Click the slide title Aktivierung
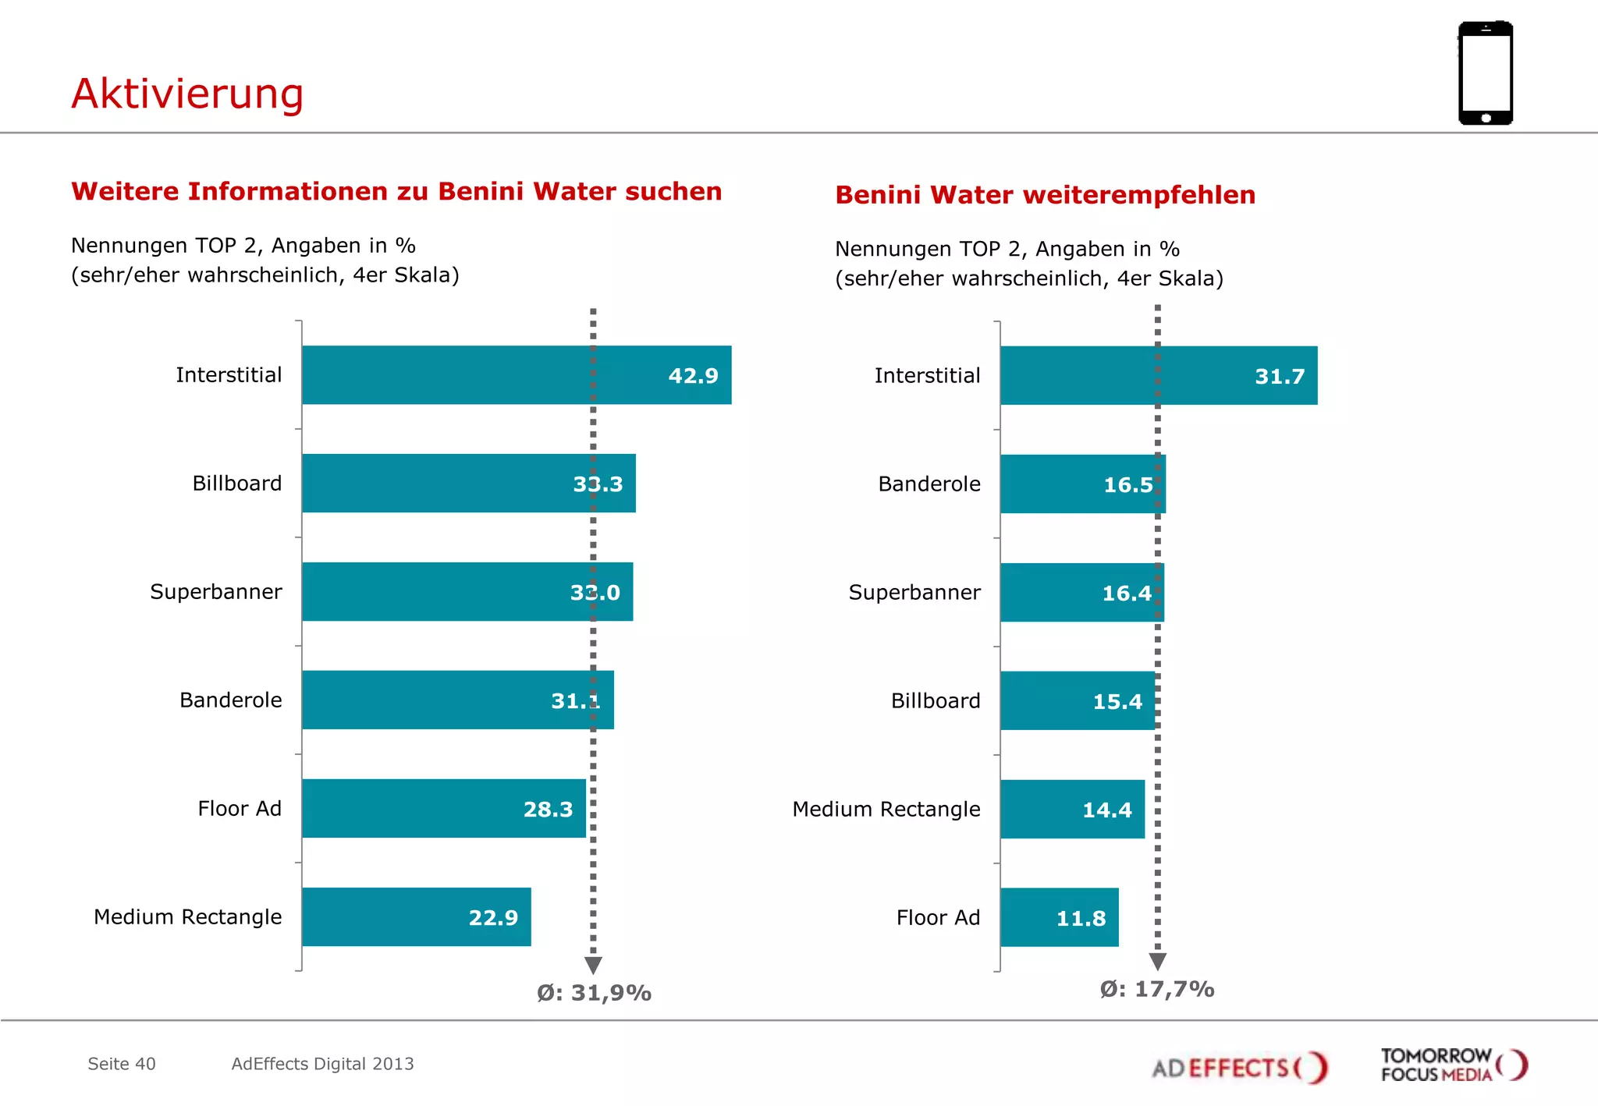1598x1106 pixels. tap(187, 94)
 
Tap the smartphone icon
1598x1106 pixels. tap(1485, 73)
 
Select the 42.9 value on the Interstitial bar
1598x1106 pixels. tap(693, 376)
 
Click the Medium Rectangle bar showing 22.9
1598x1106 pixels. tap(416, 916)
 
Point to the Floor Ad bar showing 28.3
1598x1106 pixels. tap(443, 808)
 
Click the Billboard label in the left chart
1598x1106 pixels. tap(236, 484)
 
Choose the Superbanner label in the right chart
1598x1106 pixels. tap(914, 593)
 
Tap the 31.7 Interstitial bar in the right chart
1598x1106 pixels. tap(1158, 376)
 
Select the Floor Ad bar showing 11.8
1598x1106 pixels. tap(1059, 917)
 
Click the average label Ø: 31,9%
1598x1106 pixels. tap(594, 993)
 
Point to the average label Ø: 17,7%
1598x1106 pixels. tap(1156, 989)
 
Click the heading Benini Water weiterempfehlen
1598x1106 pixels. tap(1045, 195)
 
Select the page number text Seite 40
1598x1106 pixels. tap(122, 1064)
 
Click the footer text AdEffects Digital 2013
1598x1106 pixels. tap(322, 1064)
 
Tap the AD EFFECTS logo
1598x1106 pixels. tap(1239, 1067)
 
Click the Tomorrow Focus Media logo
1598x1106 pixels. tap(1453, 1065)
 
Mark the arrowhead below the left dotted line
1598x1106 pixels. tap(593, 966)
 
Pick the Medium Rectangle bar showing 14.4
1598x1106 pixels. tap(1072, 809)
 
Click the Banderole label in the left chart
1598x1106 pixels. tap(230, 700)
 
